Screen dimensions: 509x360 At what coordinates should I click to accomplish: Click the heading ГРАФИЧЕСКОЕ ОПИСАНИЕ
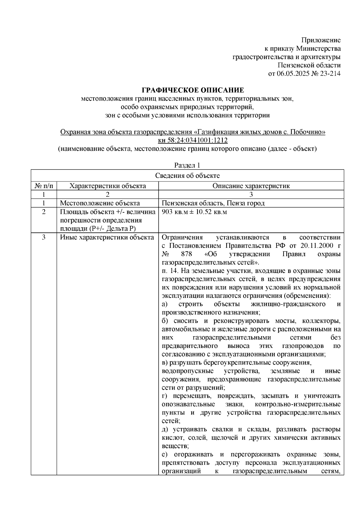tap(193, 90)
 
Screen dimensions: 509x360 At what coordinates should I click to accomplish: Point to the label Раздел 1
tap(187, 165)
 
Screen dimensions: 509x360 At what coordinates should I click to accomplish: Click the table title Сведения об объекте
tap(187, 176)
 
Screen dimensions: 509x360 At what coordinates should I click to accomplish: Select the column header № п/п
tap(44, 186)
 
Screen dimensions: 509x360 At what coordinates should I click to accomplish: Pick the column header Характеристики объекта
tap(107, 186)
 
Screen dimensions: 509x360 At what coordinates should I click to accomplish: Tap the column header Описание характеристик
tap(251, 186)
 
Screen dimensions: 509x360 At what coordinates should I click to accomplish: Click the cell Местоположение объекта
tap(100, 203)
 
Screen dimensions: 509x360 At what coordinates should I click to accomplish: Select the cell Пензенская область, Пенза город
tap(213, 203)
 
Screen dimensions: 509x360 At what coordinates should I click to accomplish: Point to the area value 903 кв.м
tap(174, 212)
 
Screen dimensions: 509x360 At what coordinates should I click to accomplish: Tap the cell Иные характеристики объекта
tap(107, 238)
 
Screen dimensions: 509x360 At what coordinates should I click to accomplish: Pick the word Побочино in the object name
tap(309, 132)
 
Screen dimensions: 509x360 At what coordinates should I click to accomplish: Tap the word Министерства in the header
tap(318, 49)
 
